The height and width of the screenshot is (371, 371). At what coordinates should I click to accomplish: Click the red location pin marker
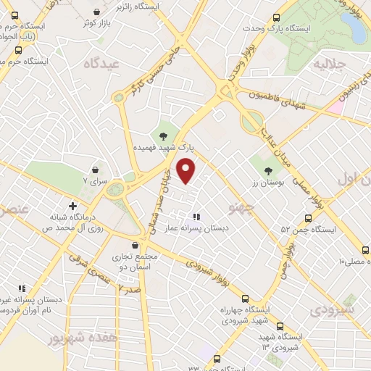(x=187, y=170)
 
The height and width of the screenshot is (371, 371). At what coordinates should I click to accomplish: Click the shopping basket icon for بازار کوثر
(x=98, y=13)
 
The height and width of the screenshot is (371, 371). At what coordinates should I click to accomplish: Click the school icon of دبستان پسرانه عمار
(x=196, y=216)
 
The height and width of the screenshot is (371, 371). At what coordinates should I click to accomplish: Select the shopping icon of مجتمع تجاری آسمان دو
(x=135, y=245)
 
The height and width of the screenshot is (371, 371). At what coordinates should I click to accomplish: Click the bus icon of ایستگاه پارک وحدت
(x=275, y=19)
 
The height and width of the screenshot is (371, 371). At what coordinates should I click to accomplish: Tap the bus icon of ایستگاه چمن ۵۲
(x=308, y=218)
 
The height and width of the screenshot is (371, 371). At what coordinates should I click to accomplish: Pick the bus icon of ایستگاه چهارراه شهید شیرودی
(x=245, y=299)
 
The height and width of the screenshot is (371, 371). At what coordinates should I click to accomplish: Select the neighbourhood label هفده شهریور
(x=72, y=338)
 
